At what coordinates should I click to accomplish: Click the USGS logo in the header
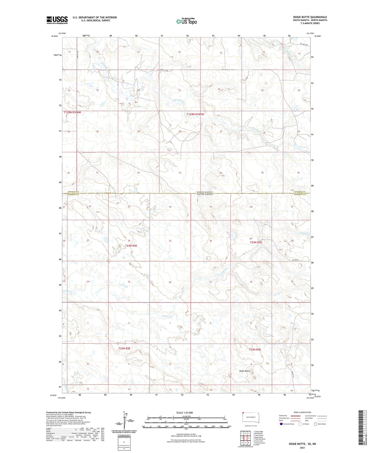[x=57, y=20]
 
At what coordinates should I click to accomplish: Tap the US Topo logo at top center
[x=186, y=21]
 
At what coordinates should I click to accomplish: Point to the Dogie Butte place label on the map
[x=244, y=371]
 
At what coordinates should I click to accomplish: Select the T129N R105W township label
[x=195, y=114]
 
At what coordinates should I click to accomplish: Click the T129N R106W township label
[x=72, y=112]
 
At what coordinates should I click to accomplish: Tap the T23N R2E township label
[x=131, y=245]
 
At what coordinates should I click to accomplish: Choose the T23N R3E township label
[x=256, y=242]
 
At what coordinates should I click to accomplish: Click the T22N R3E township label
[x=255, y=349]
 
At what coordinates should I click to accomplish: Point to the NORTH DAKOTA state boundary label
[x=205, y=192]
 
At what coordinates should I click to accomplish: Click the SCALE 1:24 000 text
[x=185, y=413]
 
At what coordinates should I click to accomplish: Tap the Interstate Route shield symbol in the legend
[x=281, y=424]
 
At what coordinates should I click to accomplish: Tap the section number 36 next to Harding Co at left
[x=69, y=173]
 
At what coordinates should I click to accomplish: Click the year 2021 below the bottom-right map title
[x=302, y=448]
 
